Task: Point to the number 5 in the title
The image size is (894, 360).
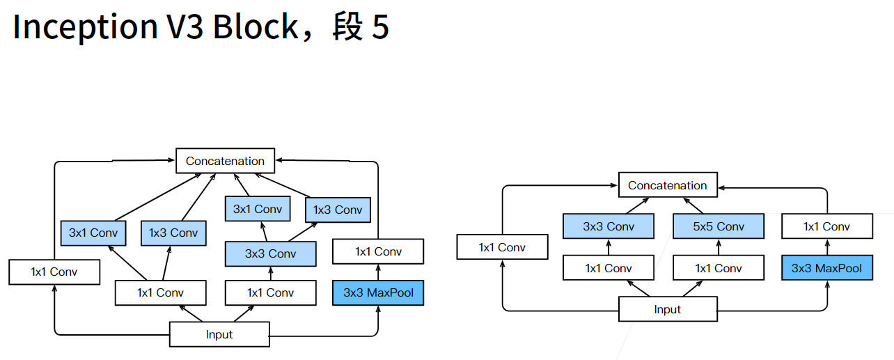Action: pos(379,28)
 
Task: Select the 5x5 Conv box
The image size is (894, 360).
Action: pos(718,226)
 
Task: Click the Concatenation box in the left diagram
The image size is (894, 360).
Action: pos(225,161)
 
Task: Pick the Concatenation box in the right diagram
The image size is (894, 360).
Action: pos(667,185)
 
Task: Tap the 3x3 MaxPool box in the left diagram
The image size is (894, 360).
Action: pos(378,292)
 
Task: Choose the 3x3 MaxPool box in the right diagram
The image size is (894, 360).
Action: pos(826,268)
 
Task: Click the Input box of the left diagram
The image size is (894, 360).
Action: pos(219,334)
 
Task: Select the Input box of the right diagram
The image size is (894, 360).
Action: pos(667,309)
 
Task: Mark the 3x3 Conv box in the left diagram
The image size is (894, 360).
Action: pos(270,253)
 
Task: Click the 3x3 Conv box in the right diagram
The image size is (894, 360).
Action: pos(609,226)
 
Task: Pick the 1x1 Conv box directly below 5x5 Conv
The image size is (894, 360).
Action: pos(718,268)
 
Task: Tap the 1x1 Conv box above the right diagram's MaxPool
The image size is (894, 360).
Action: pos(826,226)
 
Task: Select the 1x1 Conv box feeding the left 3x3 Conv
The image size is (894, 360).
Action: pos(270,292)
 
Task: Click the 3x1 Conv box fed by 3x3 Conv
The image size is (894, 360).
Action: pos(256,209)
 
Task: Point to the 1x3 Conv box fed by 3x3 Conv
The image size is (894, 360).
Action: pos(338,210)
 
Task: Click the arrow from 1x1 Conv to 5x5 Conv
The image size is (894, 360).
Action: pos(718,247)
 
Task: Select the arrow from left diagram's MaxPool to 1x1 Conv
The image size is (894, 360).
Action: pos(378,272)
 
